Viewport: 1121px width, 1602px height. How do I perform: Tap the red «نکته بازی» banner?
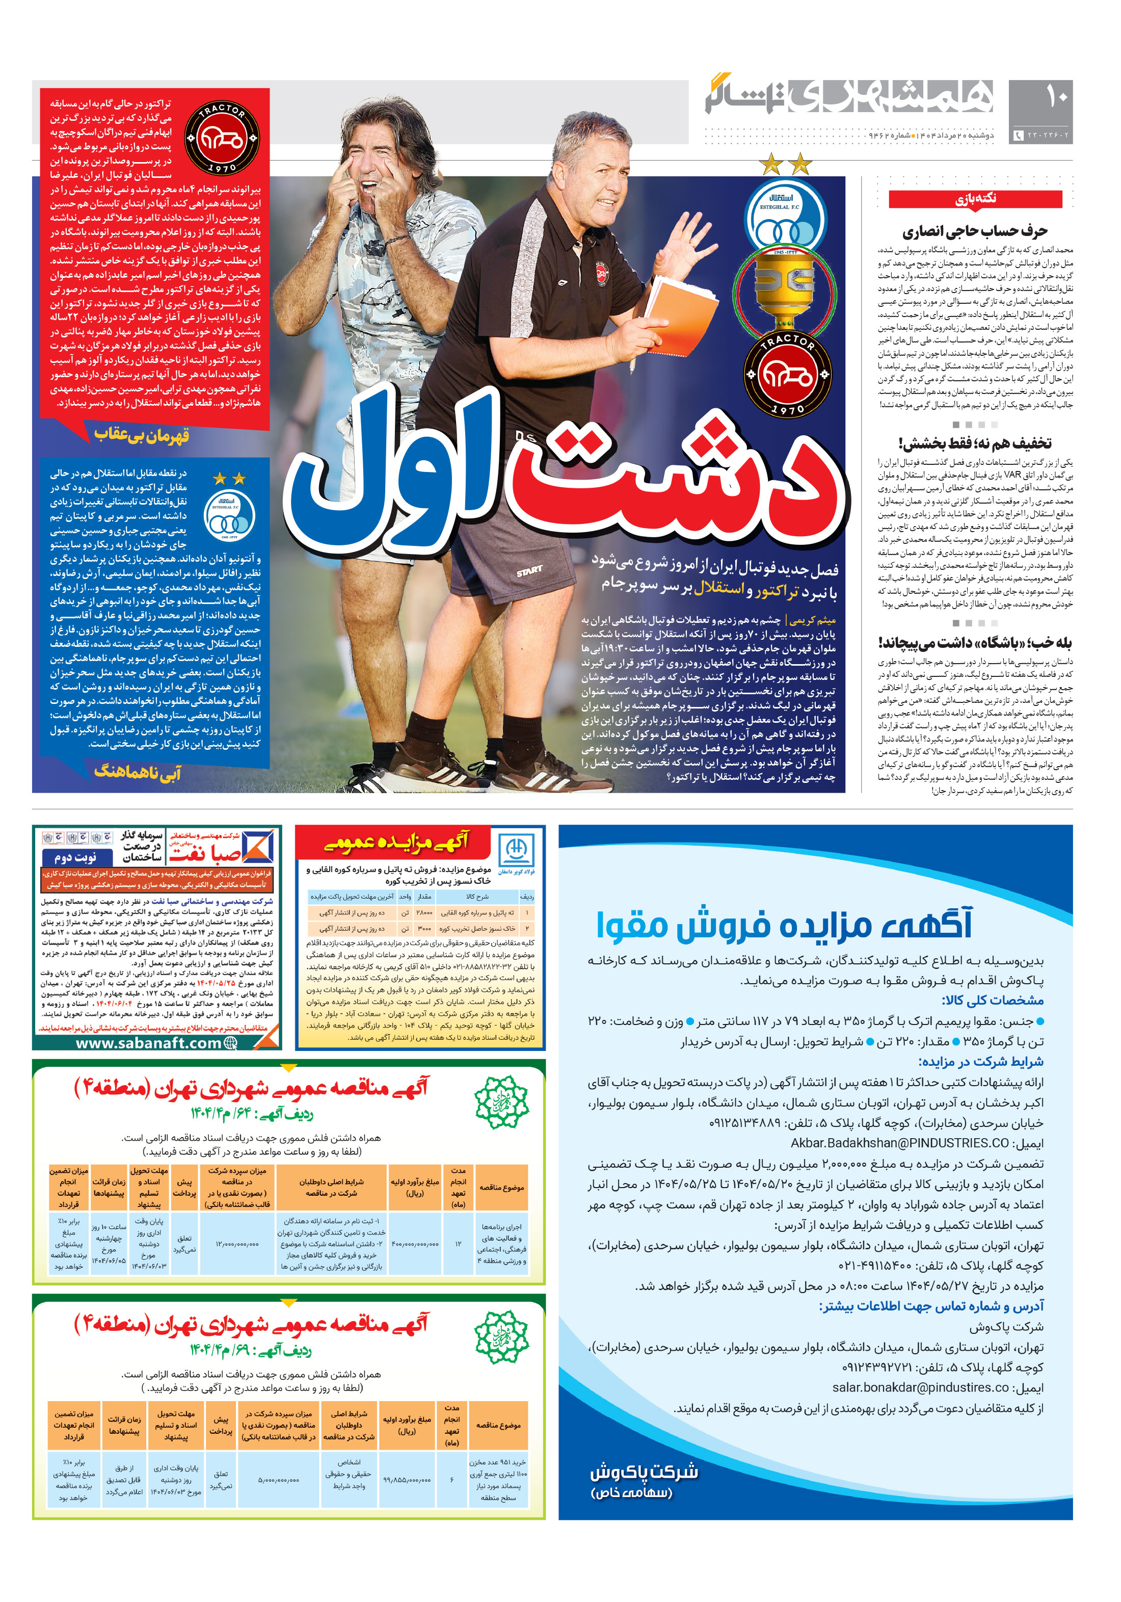tap(975, 199)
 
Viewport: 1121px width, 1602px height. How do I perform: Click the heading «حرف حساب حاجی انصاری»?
tap(975, 231)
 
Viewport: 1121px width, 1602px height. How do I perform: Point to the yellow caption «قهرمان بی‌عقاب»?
tap(142, 435)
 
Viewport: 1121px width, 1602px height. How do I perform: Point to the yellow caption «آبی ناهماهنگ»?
tap(138, 772)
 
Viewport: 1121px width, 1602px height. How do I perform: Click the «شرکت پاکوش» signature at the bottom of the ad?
tap(643, 1472)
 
